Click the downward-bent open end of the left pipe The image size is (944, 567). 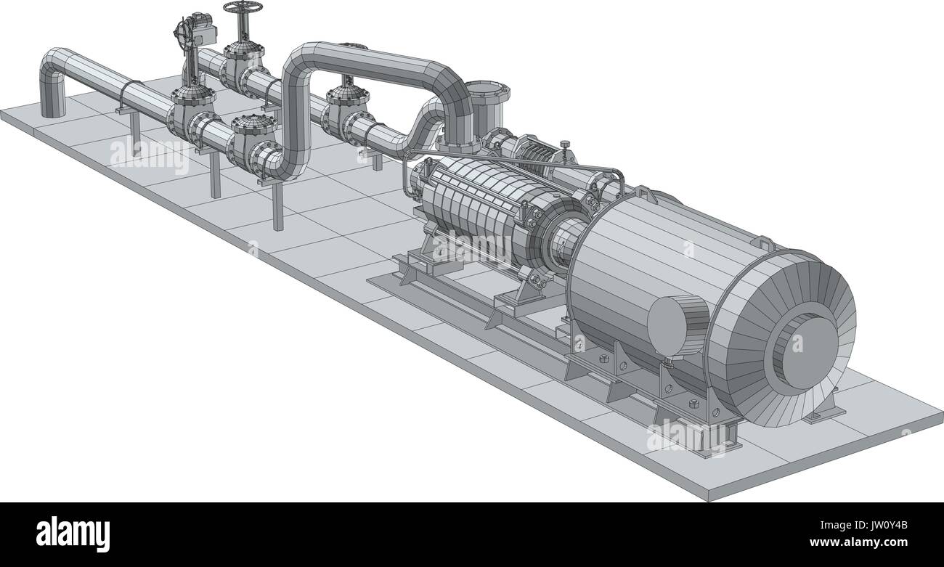[53, 98]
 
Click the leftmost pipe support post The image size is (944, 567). [135, 127]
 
